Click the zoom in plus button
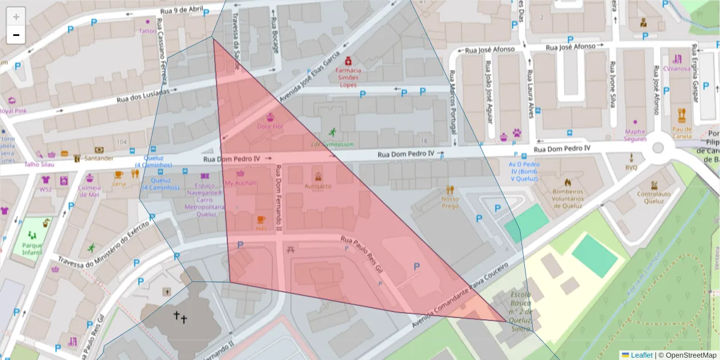point(16,16)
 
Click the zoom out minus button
point(16,35)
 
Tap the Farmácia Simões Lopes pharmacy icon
point(347,61)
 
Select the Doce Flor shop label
point(270,127)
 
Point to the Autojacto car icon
point(318,176)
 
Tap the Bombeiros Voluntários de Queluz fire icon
point(567,182)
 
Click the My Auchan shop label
point(240,183)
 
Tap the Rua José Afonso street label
point(570,47)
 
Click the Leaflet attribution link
point(641,355)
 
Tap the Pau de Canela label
point(682,132)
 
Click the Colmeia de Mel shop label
point(89,191)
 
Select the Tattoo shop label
point(147,31)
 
